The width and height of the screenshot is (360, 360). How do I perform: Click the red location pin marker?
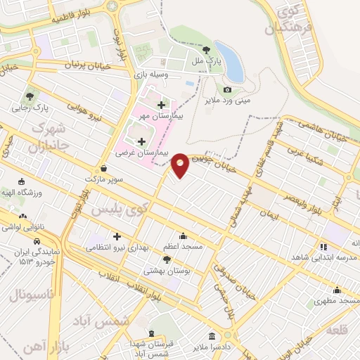(x=180, y=165)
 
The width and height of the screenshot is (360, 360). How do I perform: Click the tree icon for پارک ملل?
(x=206, y=49)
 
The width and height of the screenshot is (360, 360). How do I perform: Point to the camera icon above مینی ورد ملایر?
(x=227, y=89)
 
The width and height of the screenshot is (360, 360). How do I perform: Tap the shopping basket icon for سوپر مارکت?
(x=104, y=169)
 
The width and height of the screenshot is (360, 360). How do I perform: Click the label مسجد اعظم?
(x=183, y=246)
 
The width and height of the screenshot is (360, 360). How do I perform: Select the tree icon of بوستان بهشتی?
(x=167, y=259)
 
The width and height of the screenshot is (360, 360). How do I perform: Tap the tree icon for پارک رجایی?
(x=30, y=97)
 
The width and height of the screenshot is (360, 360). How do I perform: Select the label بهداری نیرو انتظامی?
(x=116, y=247)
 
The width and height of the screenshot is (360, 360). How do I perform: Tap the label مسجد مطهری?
(x=337, y=300)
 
